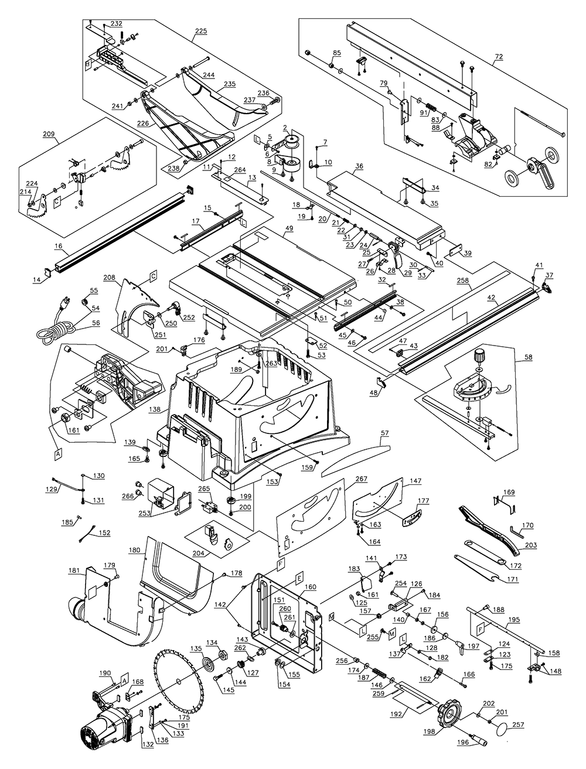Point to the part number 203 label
(531, 545)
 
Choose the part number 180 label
(134, 551)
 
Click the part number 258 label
(463, 282)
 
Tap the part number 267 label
(361, 479)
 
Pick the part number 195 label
(513, 620)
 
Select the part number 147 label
(415, 481)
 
